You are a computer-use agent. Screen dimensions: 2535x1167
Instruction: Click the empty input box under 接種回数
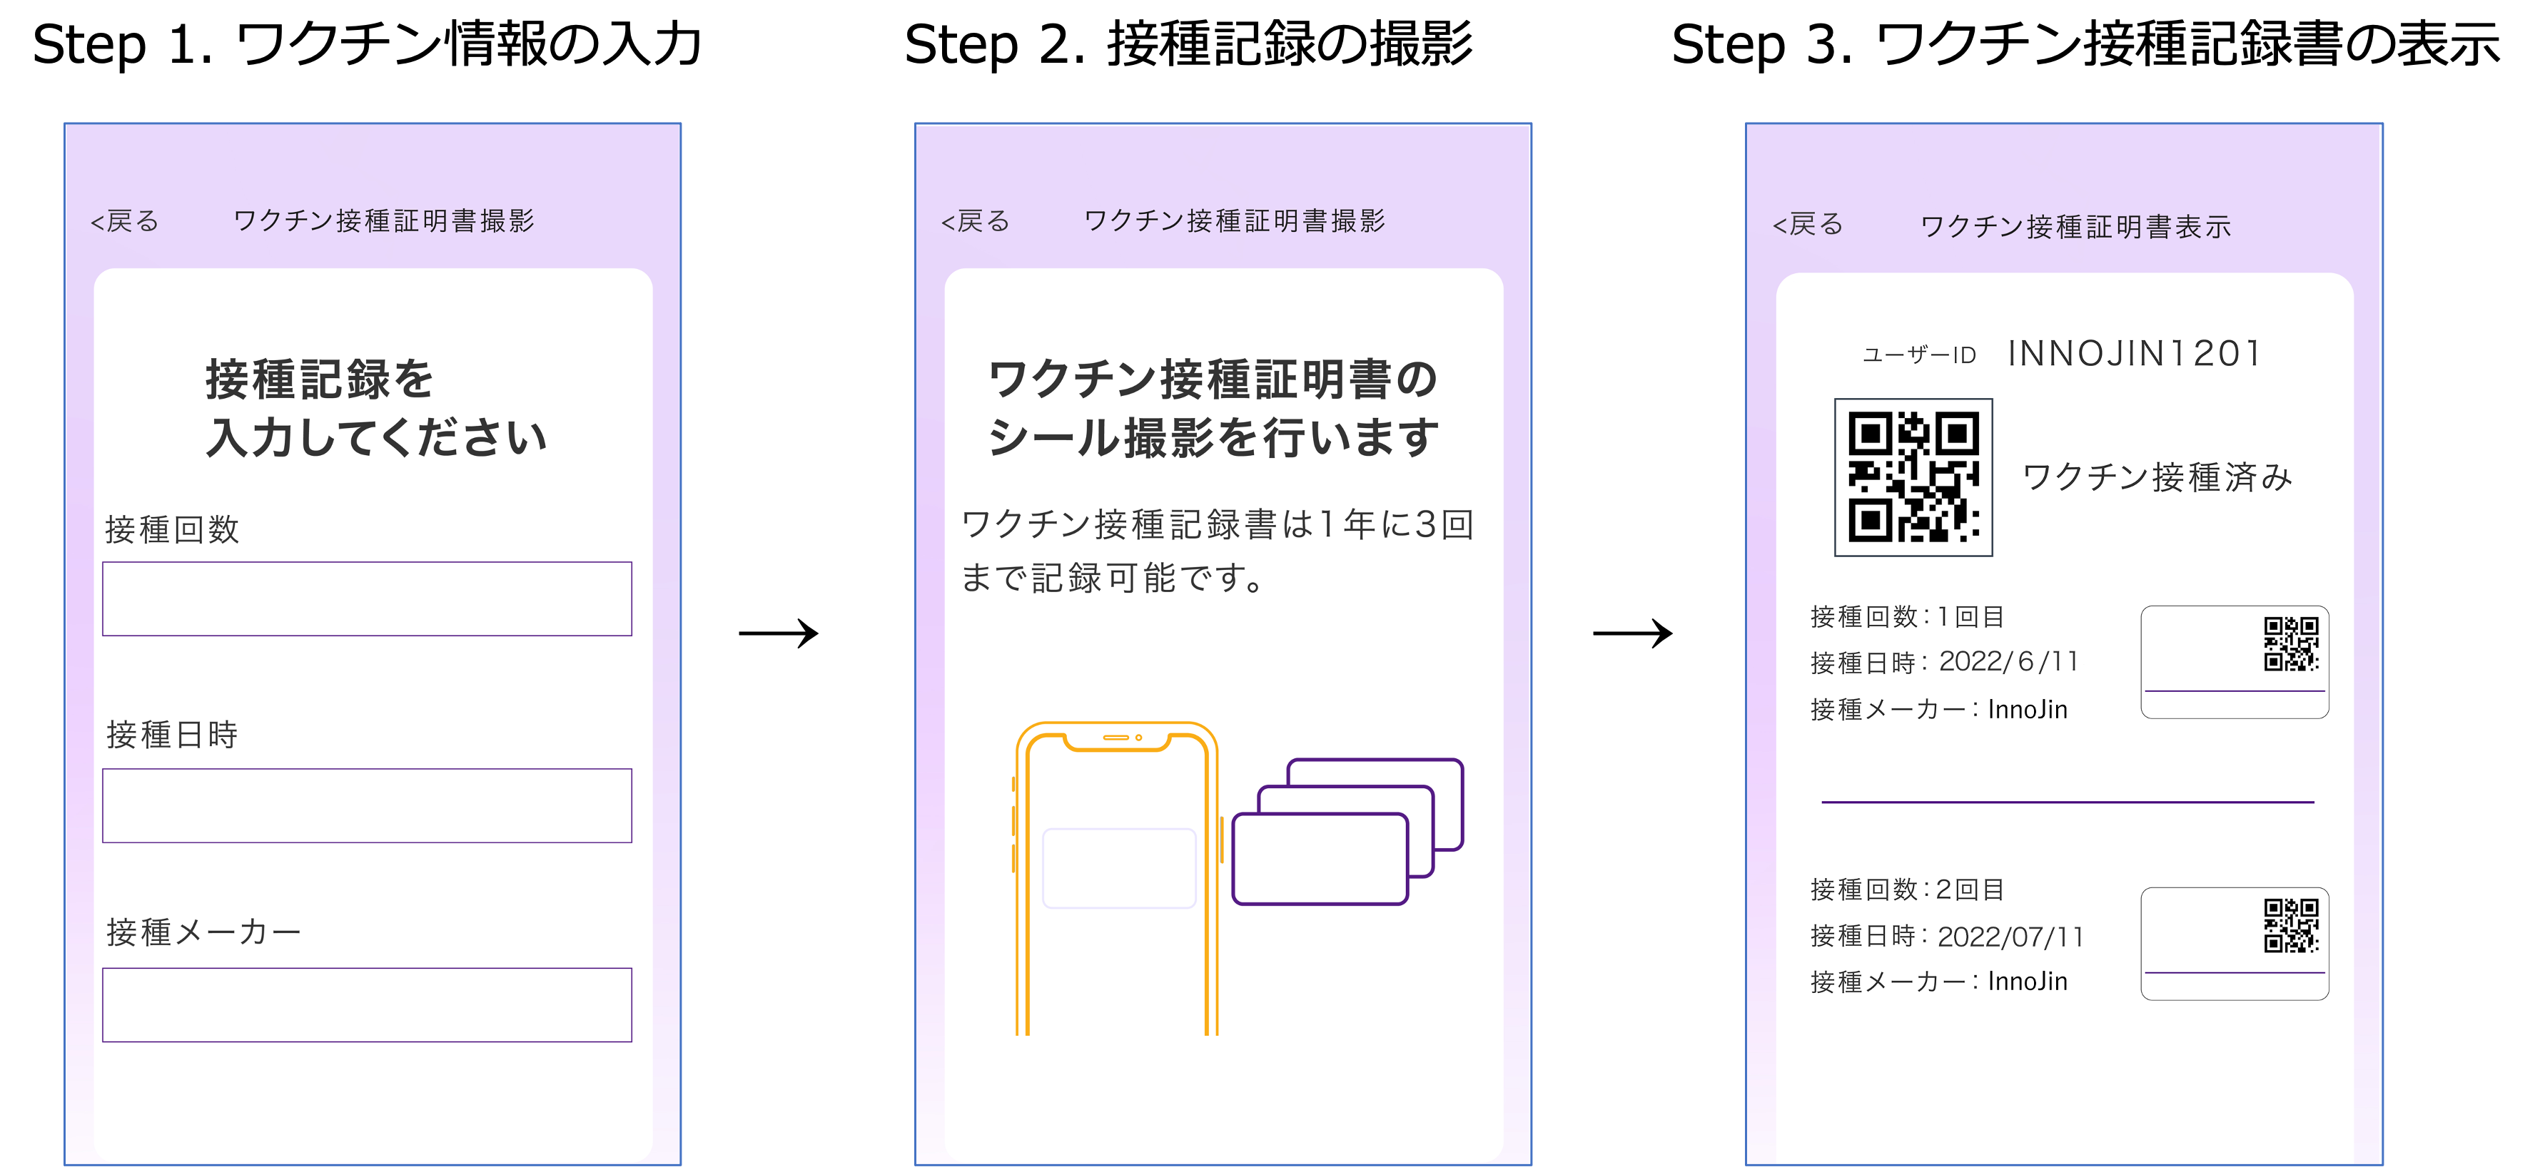(x=367, y=598)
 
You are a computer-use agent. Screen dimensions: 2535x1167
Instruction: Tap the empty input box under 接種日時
(x=367, y=805)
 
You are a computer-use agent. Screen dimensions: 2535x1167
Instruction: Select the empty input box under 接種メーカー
(x=367, y=1004)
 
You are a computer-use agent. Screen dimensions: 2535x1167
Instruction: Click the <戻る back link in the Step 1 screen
(x=125, y=221)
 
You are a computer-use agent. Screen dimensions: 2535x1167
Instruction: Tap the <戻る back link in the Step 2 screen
(x=975, y=221)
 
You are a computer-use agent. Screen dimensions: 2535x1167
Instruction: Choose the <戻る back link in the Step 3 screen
(x=1808, y=225)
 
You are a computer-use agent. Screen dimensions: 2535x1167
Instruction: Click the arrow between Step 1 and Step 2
(x=779, y=633)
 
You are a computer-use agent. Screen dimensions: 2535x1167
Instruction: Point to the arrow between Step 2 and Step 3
(x=1633, y=633)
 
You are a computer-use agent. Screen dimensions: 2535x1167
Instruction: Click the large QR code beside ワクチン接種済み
(x=1913, y=477)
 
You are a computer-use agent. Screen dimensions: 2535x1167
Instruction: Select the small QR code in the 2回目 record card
(x=2291, y=925)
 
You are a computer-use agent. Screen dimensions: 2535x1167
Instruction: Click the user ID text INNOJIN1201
(x=2135, y=353)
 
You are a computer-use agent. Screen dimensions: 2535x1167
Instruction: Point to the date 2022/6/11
(x=2008, y=661)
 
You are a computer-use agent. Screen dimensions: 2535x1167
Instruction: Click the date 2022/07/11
(x=2010, y=936)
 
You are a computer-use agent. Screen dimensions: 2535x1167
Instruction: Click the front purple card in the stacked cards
(x=1320, y=858)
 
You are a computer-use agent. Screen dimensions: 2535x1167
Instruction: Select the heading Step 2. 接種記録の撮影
(x=1188, y=44)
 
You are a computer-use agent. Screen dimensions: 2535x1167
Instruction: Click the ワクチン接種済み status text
(x=2157, y=477)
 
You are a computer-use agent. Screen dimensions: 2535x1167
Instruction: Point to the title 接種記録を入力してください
(x=376, y=407)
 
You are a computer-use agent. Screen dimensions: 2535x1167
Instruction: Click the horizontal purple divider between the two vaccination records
(x=2068, y=802)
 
